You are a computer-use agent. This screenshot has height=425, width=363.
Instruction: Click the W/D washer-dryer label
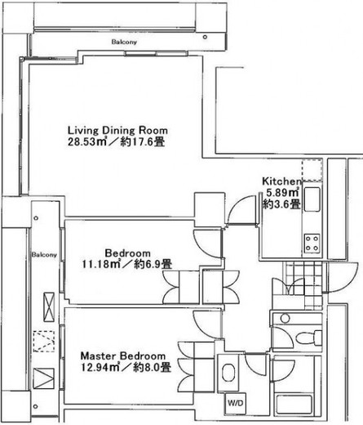pos(236,403)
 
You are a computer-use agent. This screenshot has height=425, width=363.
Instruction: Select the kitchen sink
pos(312,199)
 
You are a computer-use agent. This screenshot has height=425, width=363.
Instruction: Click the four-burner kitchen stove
pos(312,244)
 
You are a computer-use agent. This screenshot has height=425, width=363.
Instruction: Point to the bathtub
pos(294,404)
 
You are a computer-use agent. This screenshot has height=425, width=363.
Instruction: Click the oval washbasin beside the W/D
pos(228,373)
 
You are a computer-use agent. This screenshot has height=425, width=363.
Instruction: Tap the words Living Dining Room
pos(117,130)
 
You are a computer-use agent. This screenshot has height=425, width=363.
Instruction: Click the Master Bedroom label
pos(123,356)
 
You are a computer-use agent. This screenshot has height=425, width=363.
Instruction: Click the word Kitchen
pos(281,181)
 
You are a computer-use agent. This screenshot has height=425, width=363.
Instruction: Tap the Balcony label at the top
pos(124,42)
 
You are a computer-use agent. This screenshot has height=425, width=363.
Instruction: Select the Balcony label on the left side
pos(44,255)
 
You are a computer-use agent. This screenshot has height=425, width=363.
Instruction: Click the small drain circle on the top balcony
pos(205,37)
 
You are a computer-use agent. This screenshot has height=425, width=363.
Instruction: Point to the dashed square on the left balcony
pos(44,342)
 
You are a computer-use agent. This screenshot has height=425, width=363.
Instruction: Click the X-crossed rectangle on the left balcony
pos(49,307)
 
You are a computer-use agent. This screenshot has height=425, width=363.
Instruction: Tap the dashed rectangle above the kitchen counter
pos(312,171)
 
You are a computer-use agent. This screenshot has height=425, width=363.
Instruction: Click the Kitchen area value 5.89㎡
pos(283,193)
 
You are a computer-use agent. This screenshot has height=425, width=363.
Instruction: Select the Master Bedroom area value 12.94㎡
pos(100,367)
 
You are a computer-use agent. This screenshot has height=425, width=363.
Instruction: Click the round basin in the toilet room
pos(285,318)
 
